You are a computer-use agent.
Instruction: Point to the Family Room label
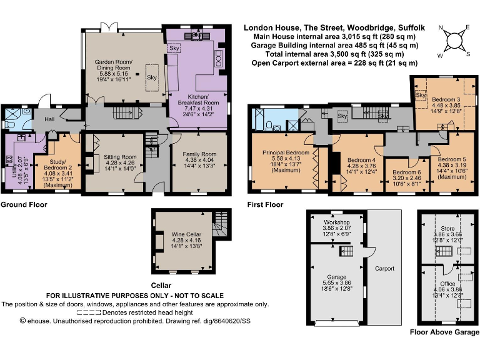point(199,154)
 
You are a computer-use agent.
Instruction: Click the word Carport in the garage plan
point(384,269)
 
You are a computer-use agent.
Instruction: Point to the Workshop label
point(336,222)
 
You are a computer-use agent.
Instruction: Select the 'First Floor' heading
point(265,204)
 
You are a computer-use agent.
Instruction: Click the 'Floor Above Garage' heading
point(444,332)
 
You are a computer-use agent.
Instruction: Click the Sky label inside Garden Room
point(151,77)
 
